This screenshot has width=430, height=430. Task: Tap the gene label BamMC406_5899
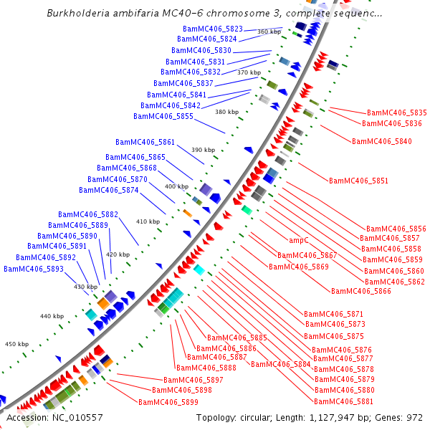168,403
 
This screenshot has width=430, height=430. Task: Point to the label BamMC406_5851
358,181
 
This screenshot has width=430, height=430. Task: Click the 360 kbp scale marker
269,32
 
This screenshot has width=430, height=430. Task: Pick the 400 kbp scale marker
176,186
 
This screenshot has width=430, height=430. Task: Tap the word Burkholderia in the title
77,13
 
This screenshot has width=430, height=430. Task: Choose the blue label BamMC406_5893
34,269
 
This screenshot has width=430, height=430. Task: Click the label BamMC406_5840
382,141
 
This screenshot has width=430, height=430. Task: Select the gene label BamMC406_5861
145,142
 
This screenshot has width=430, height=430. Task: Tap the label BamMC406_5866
361,291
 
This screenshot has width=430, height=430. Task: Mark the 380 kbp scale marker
226,112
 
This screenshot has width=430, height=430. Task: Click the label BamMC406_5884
281,364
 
